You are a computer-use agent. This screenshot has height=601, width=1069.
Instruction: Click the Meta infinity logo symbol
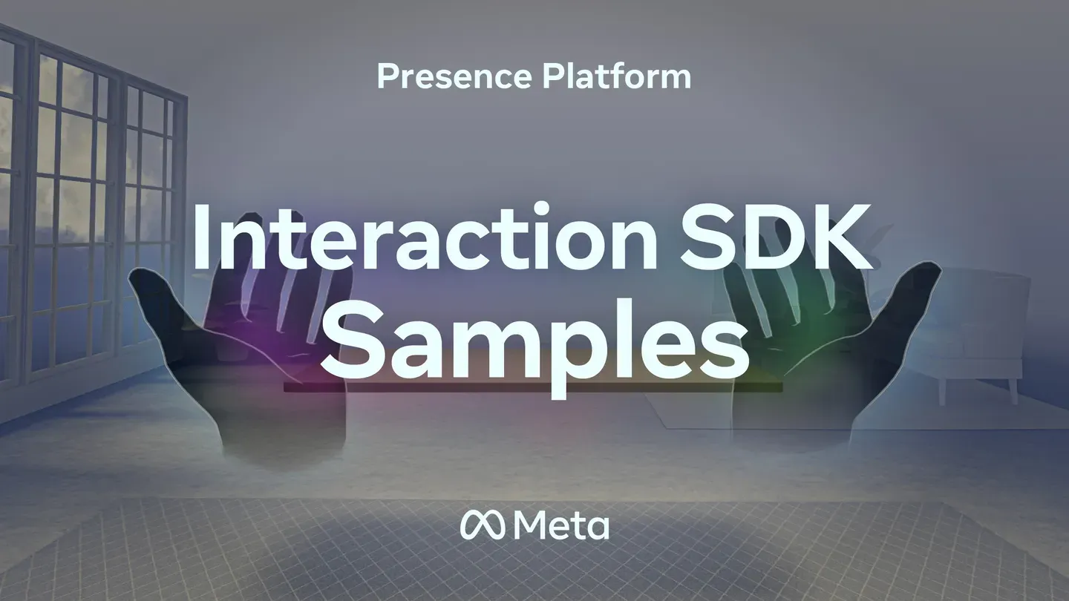pos(484,525)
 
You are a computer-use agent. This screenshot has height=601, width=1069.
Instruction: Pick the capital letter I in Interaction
pos(203,239)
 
